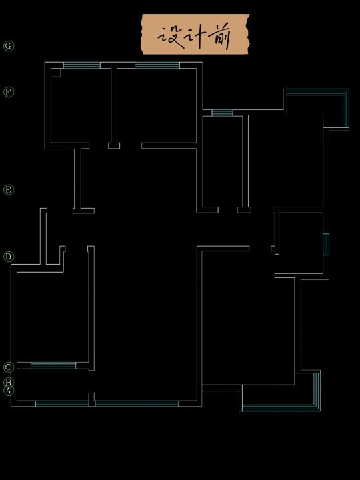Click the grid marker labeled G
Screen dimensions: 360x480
(x=9, y=46)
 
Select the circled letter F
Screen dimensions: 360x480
(x=9, y=92)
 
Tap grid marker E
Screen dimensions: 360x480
(x=9, y=190)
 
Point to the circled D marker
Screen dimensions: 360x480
(x=9, y=257)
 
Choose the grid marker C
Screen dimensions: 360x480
(x=9, y=367)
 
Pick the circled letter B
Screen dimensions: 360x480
(x=9, y=383)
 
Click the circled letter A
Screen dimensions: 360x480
(x=9, y=391)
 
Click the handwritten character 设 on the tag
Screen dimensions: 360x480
(x=171, y=37)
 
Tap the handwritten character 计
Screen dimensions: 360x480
(x=196, y=36)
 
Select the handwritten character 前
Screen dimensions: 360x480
(x=219, y=37)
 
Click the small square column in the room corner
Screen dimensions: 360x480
(x=55, y=73)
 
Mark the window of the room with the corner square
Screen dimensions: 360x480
(x=82, y=65)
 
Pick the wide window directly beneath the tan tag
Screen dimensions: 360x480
(x=157, y=65)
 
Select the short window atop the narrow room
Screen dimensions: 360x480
(x=222, y=113)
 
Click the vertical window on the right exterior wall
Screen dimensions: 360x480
(x=326, y=244)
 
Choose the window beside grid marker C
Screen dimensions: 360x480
(x=53, y=365)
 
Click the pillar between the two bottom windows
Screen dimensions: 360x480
(x=91, y=400)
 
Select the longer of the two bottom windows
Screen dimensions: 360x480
(x=137, y=404)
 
